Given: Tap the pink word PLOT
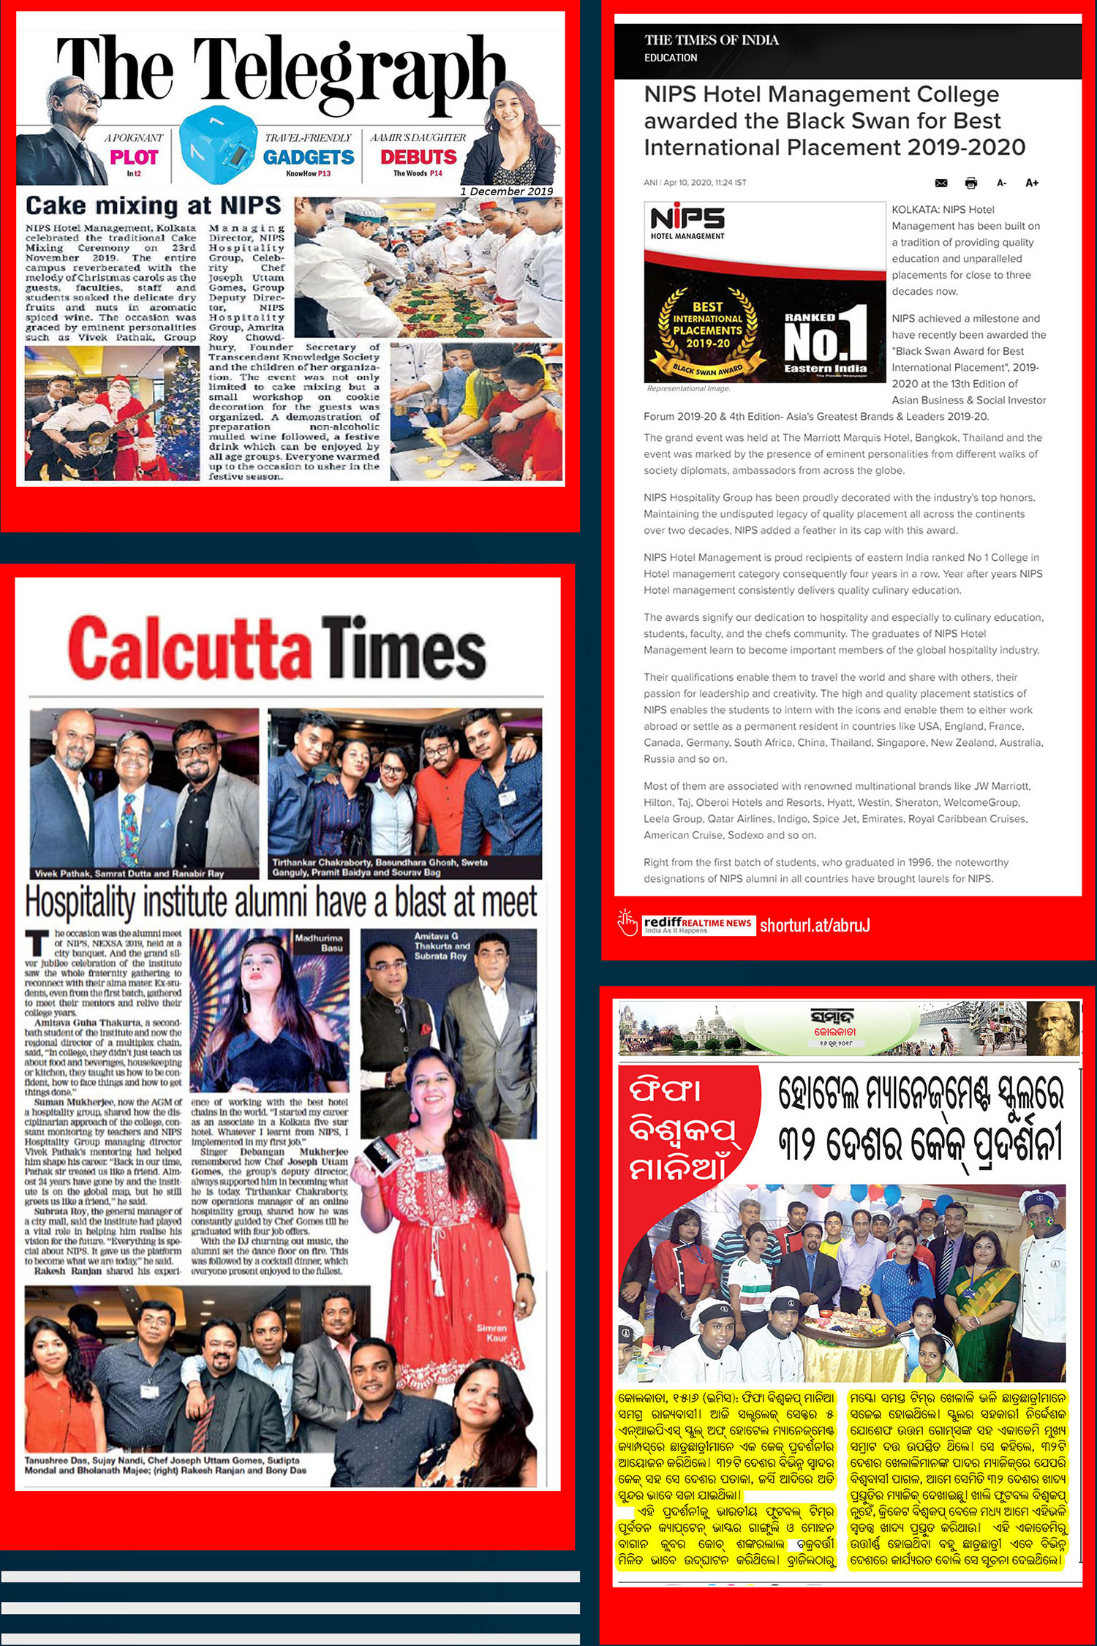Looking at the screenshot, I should [134, 156].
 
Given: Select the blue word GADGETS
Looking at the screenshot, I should [308, 156].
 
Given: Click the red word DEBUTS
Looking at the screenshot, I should [418, 156].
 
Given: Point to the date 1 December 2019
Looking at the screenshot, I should [506, 192].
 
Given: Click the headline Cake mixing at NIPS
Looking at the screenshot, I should [154, 205].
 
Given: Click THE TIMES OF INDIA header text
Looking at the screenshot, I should [711, 40].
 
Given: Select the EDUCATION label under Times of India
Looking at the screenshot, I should [671, 58].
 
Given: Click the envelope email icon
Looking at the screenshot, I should [941, 183].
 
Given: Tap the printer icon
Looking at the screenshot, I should [970, 183].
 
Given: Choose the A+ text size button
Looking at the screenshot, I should [1032, 183].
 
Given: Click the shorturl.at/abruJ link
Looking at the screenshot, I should [815, 925].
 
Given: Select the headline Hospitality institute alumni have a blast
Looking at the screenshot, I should [281, 902].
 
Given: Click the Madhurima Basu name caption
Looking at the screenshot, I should [319, 942].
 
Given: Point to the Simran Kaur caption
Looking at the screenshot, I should [491, 1332].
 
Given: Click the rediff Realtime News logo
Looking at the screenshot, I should [697, 924].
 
